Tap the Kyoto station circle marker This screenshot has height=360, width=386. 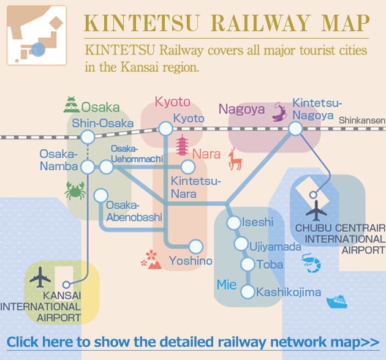(165, 129)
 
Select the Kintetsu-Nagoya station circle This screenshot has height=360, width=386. (296, 129)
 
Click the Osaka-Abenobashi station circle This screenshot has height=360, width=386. (100, 196)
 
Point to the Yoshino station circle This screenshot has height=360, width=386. (195, 247)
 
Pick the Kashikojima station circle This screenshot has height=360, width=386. (248, 292)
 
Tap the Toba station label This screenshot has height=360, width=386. (271, 264)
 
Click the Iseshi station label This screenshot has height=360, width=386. (257, 222)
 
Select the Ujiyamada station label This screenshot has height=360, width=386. (276, 246)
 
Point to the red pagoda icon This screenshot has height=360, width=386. (183, 147)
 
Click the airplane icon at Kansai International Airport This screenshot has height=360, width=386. (41, 277)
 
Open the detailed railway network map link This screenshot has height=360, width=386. (193, 341)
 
